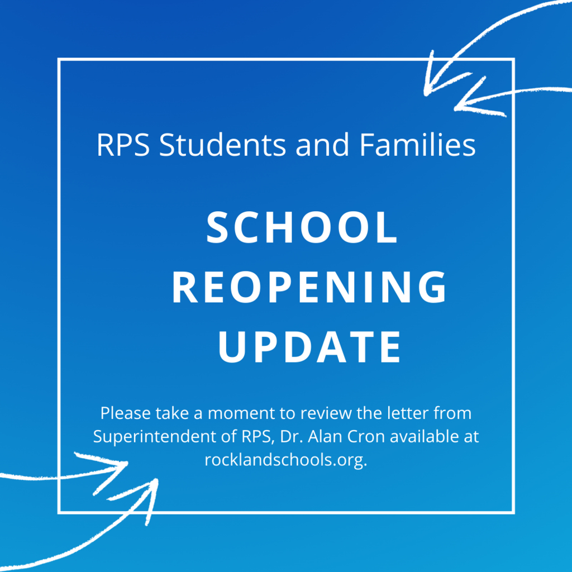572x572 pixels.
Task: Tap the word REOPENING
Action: point(309,287)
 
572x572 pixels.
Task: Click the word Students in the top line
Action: point(222,145)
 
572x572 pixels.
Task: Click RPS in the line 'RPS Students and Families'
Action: point(123,145)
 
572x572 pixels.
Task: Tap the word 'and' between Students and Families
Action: point(322,144)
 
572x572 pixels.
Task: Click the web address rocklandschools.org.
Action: point(285,460)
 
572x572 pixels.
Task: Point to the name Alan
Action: point(326,436)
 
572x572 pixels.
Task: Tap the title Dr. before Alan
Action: point(292,436)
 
